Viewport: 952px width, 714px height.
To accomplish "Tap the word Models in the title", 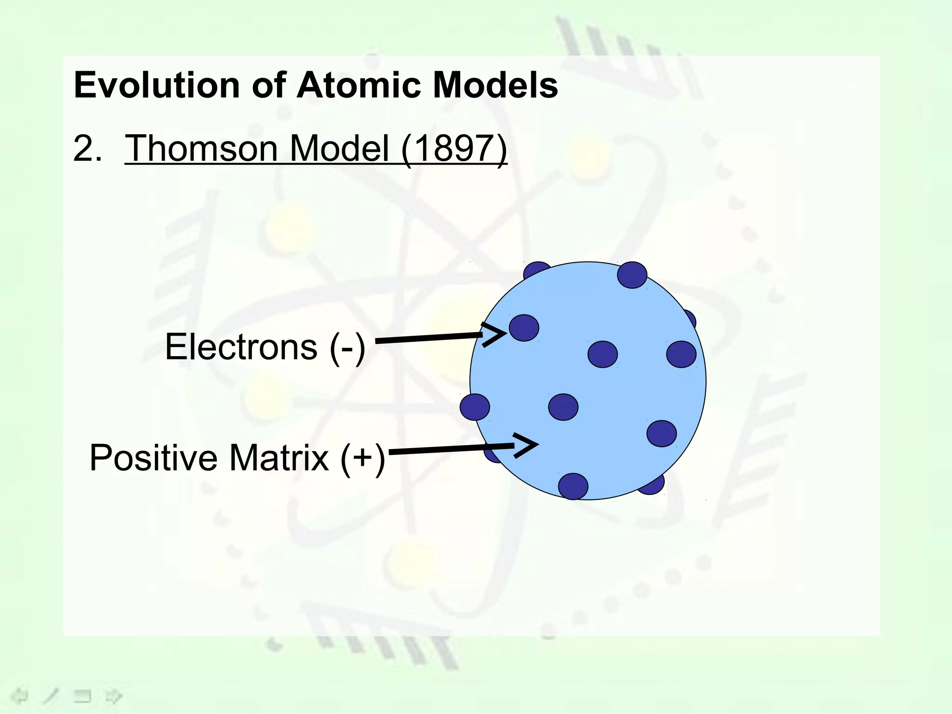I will (495, 86).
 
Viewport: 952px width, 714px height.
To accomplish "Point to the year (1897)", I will (454, 149).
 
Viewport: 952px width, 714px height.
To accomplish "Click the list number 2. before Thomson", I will (87, 149).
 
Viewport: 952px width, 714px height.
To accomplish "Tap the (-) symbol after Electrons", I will (347, 348).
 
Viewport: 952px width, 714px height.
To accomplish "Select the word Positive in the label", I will (153, 458).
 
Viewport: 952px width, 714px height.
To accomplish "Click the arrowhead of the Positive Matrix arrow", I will (527, 445).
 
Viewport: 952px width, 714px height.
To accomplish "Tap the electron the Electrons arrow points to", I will (524, 328).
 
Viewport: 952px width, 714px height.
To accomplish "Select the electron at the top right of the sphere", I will (632, 275).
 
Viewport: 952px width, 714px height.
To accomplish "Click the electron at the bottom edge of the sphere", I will (573, 486).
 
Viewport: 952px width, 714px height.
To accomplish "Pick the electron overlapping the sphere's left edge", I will (475, 407).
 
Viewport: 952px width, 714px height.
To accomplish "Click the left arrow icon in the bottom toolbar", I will (19, 696).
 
